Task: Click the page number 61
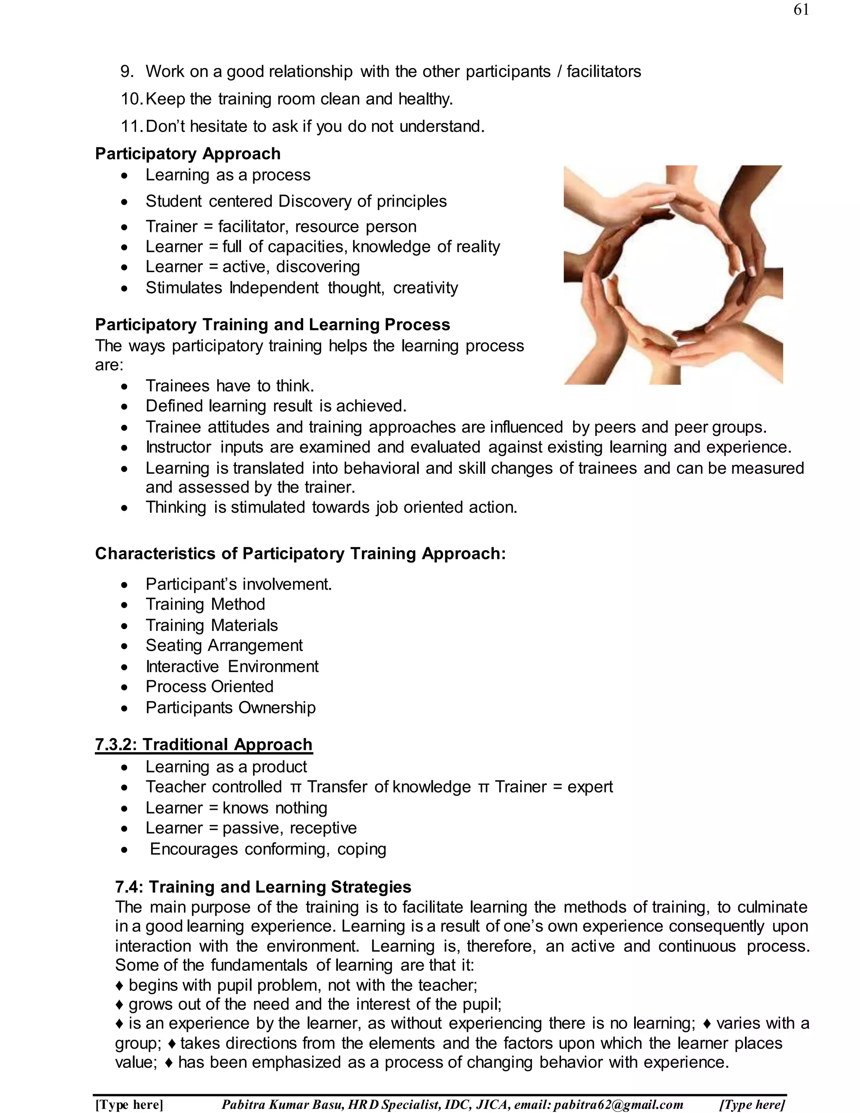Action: (x=801, y=10)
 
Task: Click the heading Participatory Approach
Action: (x=187, y=153)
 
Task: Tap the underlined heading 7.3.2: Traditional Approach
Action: (x=203, y=745)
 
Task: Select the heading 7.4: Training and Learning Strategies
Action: (x=263, y=887)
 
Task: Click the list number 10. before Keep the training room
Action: (x=131, y=99)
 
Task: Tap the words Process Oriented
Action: (x=210, y=686)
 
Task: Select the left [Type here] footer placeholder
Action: (x=129, y=1104)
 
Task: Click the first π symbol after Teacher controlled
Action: (x=296, y=788)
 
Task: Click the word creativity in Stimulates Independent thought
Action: (x=425, y=288)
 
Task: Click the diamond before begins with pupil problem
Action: (x=120, y=985)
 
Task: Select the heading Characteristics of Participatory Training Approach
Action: (x=300, y=554)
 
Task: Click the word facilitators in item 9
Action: (x=604, y=71)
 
